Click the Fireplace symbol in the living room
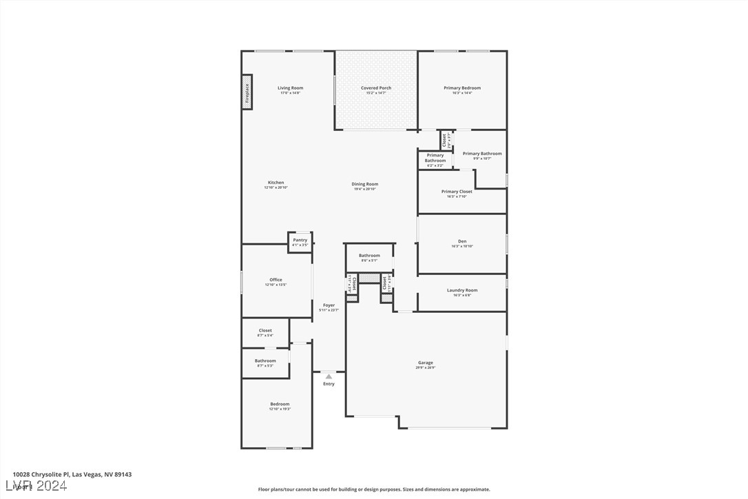pyautogui.click(x=247, y=92)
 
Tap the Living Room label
pyautogui.click(x=290, y=88)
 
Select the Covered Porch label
pyautogui.click(x=376, y=88)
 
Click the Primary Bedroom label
pyautogui.click(x=462, y=88)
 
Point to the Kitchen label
pyautogui.click(x=276, y=183)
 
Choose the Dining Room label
pyautogui.click(x=365, y=184)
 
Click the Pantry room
pyautogui.click(x=300, y=242)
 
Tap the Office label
pyautogui.click(x=276, y=280)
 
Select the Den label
pyautogui.click(x=462, y=241)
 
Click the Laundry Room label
pyautogui.click(x=462, y=290)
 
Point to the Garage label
pyautogui.click(x=425, y=363)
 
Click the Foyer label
pyautogui.click(x=329, y=305)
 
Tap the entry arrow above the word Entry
pyautogui.click(x=329, y=376)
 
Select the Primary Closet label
pyautogui.click(x=457, y=192)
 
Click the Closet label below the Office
pyautogui.click(x=265, y=331)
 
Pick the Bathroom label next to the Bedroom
pyautogui.click(x=265, y=360)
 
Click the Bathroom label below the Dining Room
pyautogui.click(x=369, y=256)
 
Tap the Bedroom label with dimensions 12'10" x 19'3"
pyautogui.click(x=280, y=404)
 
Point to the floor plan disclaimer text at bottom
pyautogui.click(x=374, y=489)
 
